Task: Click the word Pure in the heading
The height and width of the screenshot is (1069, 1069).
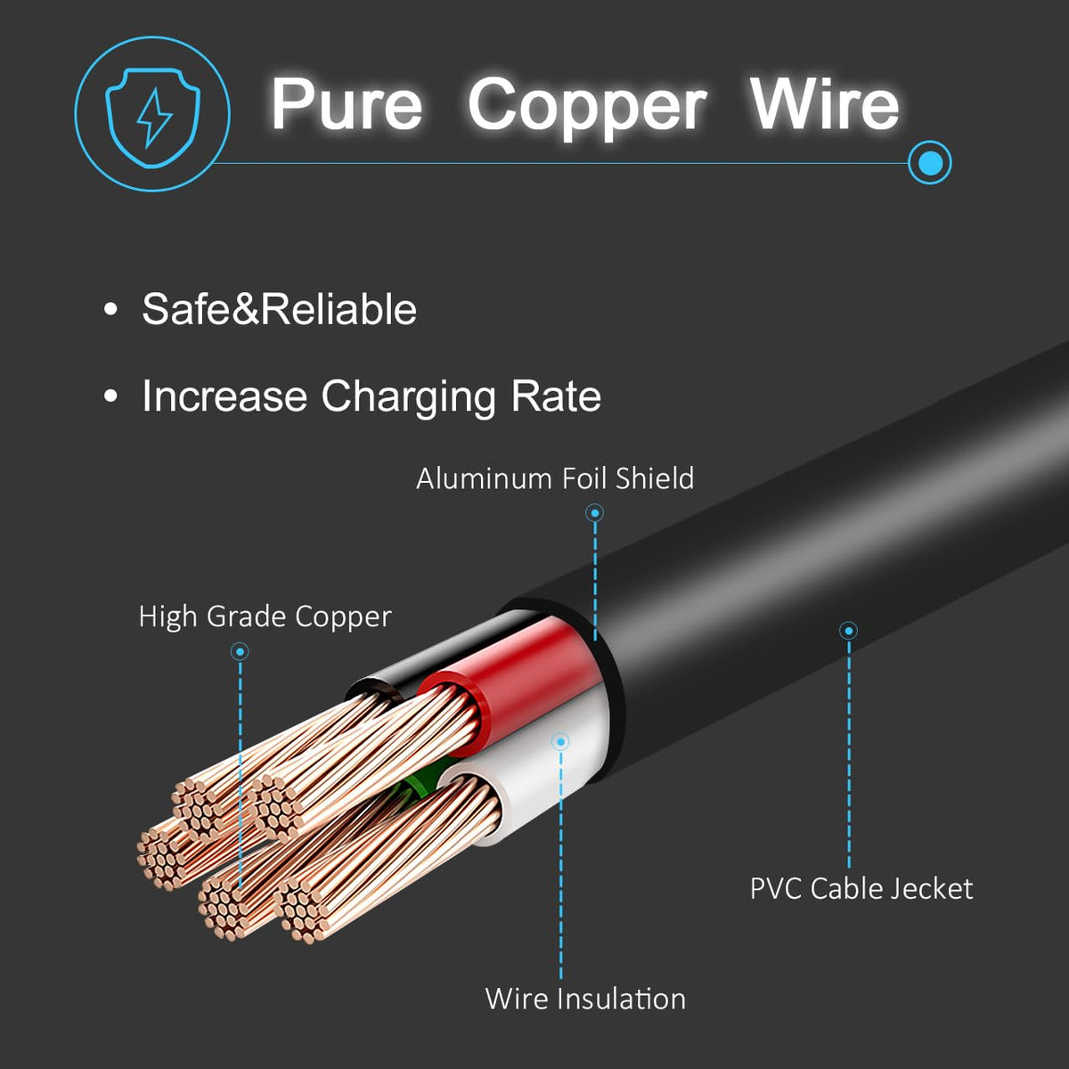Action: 347,105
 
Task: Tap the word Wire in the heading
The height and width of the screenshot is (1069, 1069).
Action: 824,105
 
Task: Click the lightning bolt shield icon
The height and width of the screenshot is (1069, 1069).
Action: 152,114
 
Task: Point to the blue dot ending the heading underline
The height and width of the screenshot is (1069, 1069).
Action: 929,163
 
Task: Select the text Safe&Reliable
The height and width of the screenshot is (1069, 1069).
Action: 279,310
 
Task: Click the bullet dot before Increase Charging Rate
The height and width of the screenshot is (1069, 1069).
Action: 110,396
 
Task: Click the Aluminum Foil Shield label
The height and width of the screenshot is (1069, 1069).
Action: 555,478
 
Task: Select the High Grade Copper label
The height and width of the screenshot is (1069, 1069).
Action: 265,616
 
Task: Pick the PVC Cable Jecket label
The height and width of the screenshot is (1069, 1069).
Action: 861,888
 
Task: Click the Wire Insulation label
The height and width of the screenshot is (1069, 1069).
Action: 585,999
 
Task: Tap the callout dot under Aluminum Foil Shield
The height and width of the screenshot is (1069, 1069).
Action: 595,512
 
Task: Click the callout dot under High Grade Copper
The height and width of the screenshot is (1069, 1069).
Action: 240,652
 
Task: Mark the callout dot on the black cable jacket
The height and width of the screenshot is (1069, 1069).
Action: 849,631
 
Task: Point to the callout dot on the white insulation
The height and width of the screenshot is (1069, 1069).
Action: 560,741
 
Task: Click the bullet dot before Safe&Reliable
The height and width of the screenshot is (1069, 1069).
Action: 110,310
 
